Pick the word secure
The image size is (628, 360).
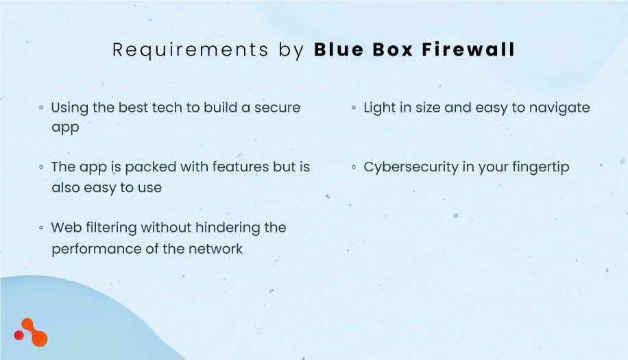277,108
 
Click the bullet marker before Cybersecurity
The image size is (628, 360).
354,167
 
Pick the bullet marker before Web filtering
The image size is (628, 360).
42,227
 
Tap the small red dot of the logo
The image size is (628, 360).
19,335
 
